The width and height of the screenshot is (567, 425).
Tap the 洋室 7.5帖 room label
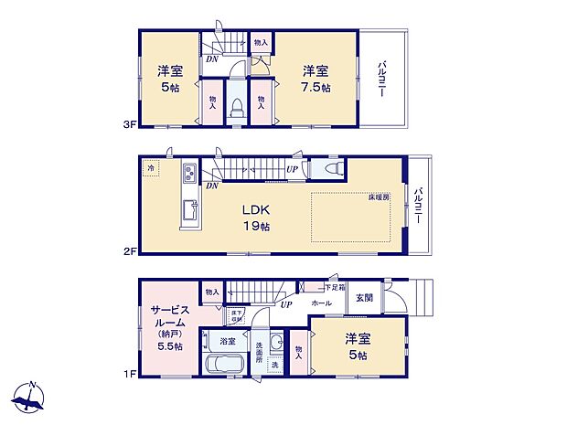pyautogui.click(x=315, y=79)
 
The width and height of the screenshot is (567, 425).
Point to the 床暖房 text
pyautogui.click(x=379, y=197)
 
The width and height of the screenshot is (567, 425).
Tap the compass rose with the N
pyautogui.click(x=28, y=398)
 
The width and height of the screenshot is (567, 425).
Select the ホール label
pyautogui.click(x=321, y=302)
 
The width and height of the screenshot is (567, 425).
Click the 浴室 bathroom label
pyautogui.click(x=228, y=341)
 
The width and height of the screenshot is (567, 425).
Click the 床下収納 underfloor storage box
pyautogui.click(x=236, y=316)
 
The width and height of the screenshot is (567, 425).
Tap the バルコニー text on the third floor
pyautogui.click(x=381, y=79)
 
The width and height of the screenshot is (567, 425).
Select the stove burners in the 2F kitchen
pyautogui.click(x=188, y=174)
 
